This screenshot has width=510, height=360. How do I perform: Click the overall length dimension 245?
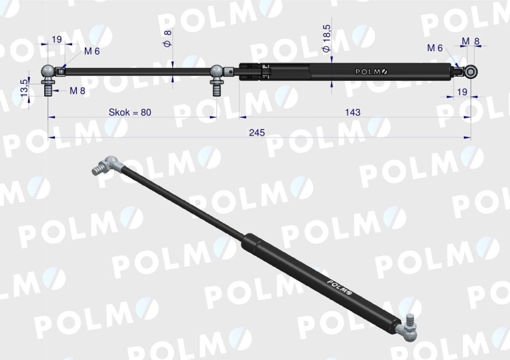pyautogui.click(x=257, y=133)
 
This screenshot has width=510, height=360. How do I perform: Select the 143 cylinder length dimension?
pyautogui.click(x=352, y=112)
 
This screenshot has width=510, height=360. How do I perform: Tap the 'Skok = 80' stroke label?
pyautogui.click(x=130, y=112)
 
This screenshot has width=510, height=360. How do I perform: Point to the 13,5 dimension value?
pyautogui.click(x=24, y=88)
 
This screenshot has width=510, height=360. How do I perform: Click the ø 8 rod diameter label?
pyautogui.click(x=167, y=38)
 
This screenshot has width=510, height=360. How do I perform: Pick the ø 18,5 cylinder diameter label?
pyautogui.click(x=326, y=38)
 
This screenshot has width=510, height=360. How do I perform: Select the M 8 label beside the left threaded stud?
pyautogui.click(x=78, y=91)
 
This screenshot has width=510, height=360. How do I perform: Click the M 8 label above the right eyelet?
pyautogui.click(x=471, y=42)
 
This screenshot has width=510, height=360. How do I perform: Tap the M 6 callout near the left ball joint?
pyautogui.click(x=92, y=52)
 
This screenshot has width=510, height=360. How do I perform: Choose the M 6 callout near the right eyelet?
pyautogui.click(x=435, y=48)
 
